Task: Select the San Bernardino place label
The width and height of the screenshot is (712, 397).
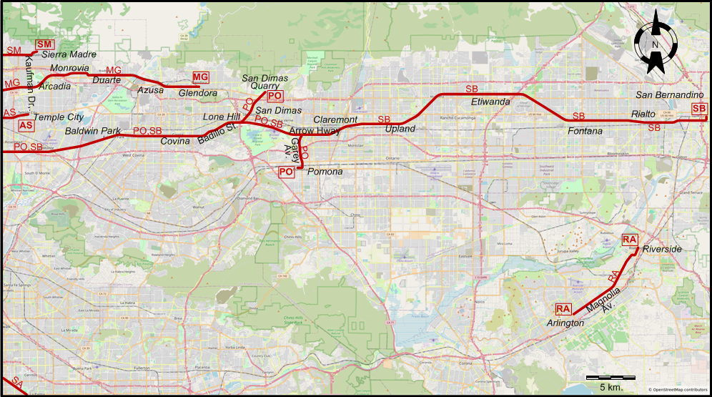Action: (670, 95)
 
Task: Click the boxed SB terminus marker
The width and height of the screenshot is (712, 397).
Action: (698, 109)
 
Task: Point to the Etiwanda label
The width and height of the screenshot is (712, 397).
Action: (490, 102)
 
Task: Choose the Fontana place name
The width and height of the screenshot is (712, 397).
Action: (585, 131)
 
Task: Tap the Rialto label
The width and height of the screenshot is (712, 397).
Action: (642, 114)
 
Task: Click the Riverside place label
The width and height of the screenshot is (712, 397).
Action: (662, 249)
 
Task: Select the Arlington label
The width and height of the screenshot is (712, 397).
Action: (565, 323)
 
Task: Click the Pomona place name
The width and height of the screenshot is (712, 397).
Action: (325, 172)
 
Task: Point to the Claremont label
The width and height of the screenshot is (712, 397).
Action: (335, 119)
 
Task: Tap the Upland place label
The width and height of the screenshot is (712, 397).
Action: (400, 129)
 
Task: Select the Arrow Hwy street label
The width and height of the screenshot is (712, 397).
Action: (314, 131)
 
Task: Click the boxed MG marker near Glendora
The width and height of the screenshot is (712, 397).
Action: (201, 77)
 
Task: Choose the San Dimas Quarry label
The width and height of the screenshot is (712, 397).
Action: (264, 82)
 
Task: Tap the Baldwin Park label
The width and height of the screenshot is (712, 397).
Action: (92, 131)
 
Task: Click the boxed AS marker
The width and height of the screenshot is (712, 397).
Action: (26, 125)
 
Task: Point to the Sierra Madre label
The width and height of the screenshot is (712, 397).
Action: (69, 54)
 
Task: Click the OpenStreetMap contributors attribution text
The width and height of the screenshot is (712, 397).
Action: (678, 390)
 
